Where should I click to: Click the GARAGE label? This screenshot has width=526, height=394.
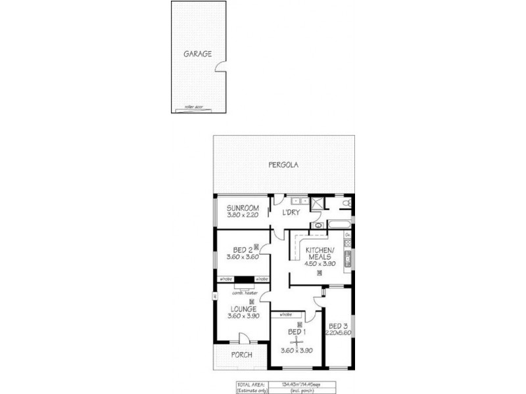pyautogui.click(x=197, y=54)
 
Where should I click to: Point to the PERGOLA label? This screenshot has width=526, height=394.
pyautogui.click(x=283, y=165)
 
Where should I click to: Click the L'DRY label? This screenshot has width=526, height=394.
pyautogui.click(x=291, y=213)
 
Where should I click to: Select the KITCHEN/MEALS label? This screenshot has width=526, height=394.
pyautogui.click(x=320, y=253)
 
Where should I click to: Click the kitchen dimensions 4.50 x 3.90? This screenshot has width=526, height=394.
pyautogui.click(x=320, y=264)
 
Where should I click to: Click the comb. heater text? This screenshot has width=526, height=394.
pyautogui.click(x=243, y=293)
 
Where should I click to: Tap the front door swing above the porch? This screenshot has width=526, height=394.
pyautogui.click(x=244, y=338)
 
